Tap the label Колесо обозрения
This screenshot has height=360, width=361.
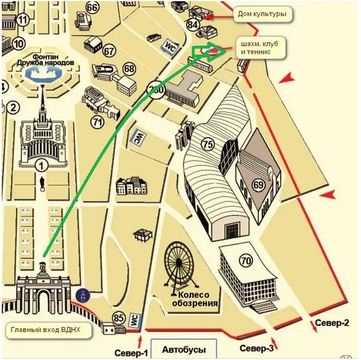coord(195,300)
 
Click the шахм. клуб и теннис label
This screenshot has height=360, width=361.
coord(261,47)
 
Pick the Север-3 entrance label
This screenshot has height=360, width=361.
coord(256,348)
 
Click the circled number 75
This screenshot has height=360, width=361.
coord(207,144)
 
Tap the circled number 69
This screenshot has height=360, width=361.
coord(259,184)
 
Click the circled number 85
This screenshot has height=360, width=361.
coord(119,318)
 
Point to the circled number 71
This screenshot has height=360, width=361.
coord(98,122)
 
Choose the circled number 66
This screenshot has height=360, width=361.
coord(92,8)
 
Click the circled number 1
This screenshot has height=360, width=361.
coord(41,165)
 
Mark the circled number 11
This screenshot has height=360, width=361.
coord(23,20)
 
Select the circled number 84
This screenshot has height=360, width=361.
coord(192,25)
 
